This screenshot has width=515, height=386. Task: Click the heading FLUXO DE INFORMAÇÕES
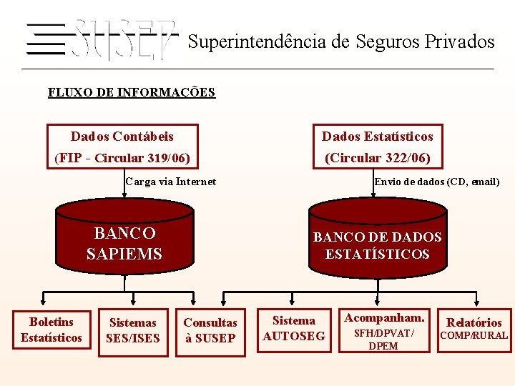click(131, 92)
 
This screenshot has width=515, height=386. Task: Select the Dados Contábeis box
click(122, 147)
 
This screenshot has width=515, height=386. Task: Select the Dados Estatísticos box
click(377, 147)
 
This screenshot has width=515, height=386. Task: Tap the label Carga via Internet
click(170, 182)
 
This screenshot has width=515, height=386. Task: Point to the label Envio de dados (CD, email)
click(436, 182)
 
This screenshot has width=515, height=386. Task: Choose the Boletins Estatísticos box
click(51, 330)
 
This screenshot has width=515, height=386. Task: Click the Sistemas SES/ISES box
click(132, 330)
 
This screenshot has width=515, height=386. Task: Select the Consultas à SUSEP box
click(210, 330)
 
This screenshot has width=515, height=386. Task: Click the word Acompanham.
click(384, 317)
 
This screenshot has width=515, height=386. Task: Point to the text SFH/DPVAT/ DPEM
click(384, 340)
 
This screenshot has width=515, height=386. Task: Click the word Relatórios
click(474, 322)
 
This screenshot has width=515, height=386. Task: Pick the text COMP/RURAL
click(474, 335)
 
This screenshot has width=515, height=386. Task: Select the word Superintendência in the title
click(257, 41)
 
